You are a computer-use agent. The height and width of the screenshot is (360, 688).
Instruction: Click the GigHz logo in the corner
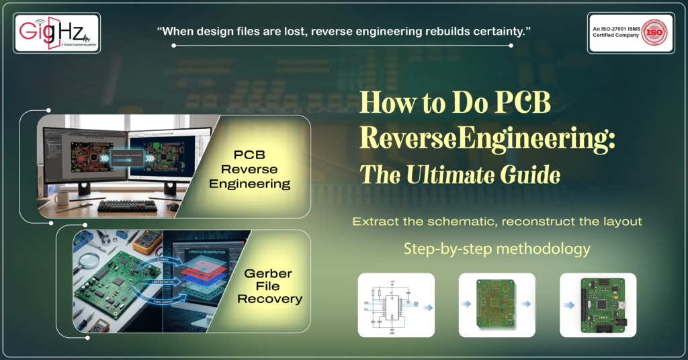tap(56, 32)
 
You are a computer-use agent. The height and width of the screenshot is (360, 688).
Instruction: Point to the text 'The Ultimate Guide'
tap(460, 175)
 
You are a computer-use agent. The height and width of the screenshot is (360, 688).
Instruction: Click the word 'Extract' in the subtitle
tap(377, 221)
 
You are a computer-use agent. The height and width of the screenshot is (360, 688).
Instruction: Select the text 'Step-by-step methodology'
tap(497, 249)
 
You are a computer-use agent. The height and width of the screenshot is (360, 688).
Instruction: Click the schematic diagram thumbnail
tap(396, 305)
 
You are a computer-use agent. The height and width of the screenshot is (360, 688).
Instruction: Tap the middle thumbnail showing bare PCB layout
tap(497, 305)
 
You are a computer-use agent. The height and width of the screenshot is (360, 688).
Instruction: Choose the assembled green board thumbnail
tap(597, 305)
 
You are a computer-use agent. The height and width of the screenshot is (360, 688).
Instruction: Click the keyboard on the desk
tap(127, 206)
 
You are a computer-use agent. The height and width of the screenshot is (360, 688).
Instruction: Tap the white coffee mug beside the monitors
tap(62, 197)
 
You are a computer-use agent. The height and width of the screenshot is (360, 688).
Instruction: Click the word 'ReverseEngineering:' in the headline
tap(488, 140)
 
